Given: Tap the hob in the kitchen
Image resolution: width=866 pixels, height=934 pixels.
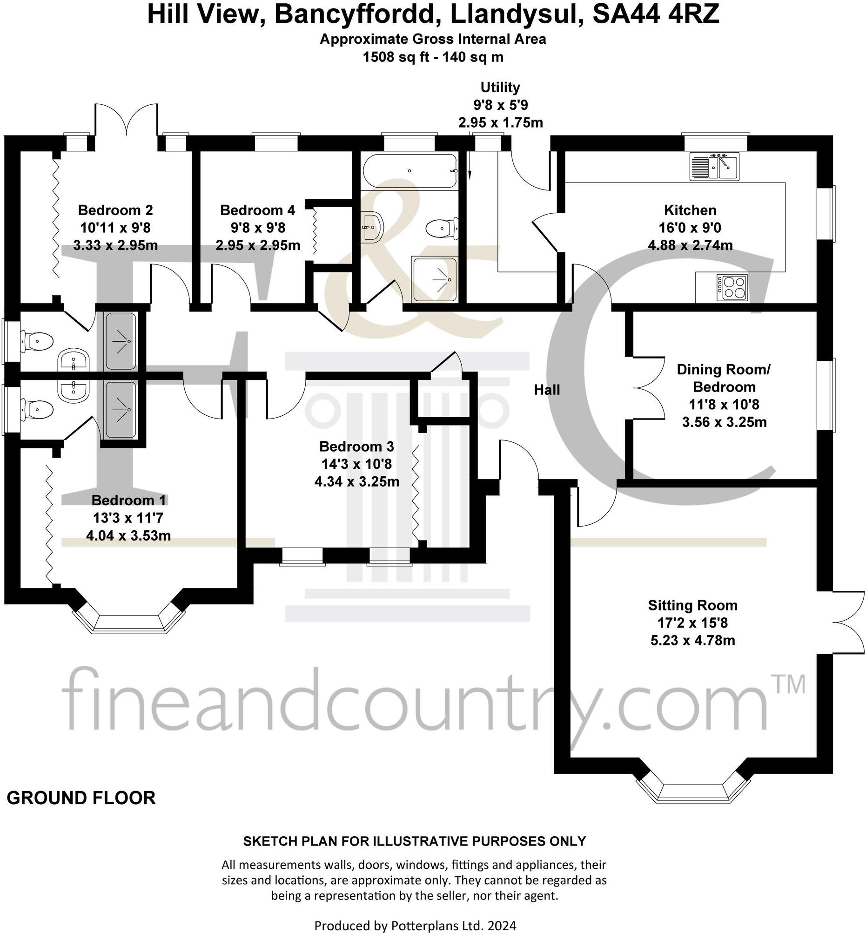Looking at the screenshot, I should tap(731, 287).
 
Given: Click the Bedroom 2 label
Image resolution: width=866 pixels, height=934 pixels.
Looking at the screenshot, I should tap(115, 210).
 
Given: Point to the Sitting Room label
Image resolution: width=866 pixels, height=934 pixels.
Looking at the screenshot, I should tap(692, 605).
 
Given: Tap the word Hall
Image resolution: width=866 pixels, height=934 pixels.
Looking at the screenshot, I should tap(547, 390).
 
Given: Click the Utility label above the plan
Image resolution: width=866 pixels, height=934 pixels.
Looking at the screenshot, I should tap(500, 87).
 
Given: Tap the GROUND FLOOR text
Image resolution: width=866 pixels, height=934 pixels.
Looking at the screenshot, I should tap(81, 798).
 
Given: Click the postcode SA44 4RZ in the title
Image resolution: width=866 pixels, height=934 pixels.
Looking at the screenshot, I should tap(656, 14).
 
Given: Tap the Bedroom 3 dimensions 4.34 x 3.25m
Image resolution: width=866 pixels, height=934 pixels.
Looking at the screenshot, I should tap(356, 481).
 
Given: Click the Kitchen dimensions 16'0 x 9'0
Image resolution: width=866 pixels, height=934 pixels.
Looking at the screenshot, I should tap(690, 228).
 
